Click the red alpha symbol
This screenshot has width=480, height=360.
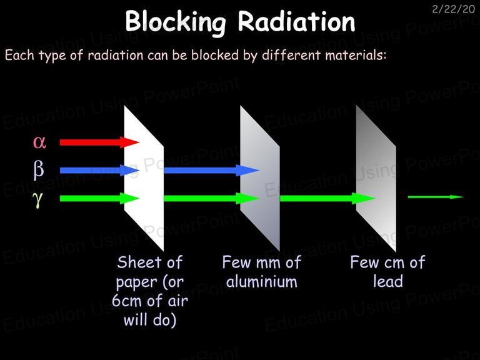(39, 142)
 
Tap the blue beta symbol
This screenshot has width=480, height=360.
(39, 170)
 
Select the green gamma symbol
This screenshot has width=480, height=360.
(37, 199)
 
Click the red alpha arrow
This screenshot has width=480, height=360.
(99, 142)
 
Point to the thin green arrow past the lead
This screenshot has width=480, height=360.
(436, 197)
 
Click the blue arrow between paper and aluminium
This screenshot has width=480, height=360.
(212, 170)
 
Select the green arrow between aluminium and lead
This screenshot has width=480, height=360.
(327, 198)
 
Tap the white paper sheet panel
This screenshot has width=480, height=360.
(144, 178)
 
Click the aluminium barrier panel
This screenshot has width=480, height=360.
(260, 178)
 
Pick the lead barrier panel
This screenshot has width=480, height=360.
(376, 178)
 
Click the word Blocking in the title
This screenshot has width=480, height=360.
(176, 22)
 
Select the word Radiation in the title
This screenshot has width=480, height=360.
(296, 21)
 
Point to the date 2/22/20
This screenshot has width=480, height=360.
(453, 9)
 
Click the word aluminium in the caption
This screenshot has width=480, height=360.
(262, 281)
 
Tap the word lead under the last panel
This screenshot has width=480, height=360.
(388, 281)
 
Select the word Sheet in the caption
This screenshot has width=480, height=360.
(136, 262)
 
